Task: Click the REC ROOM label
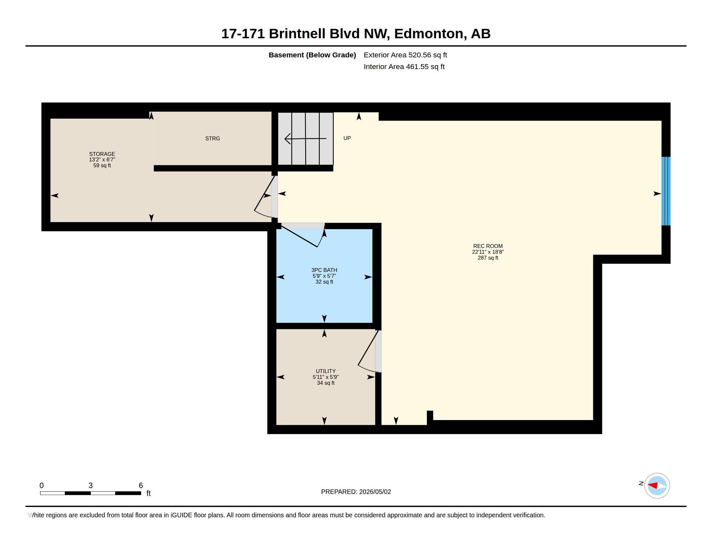pos(488,246)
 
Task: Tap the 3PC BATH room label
pos(324,270)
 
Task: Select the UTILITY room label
pos(325,371)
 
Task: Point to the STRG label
pos(213,138)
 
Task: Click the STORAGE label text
pos(102,154)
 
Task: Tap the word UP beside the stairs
pos(347,138)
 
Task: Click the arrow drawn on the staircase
pos(305,139)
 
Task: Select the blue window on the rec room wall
pos(666,191)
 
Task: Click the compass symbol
pos(657,486)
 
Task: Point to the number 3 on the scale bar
pos(90,486)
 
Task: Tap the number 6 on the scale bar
pos(141,486)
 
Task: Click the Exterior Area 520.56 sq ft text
pos(405,55)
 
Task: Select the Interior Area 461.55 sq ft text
pos(404,66)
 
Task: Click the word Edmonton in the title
pos(430,34)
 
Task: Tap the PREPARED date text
pos(356,492)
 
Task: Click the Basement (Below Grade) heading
pos(312,55)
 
